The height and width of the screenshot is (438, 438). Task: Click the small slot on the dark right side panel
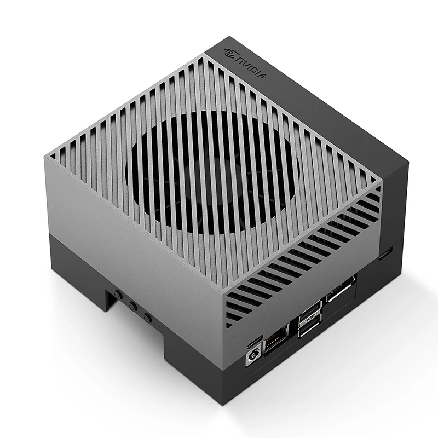tap(387, 253)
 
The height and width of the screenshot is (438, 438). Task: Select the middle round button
tap(132, 306)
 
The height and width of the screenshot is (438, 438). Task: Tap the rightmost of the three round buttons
tap(147, 317)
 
